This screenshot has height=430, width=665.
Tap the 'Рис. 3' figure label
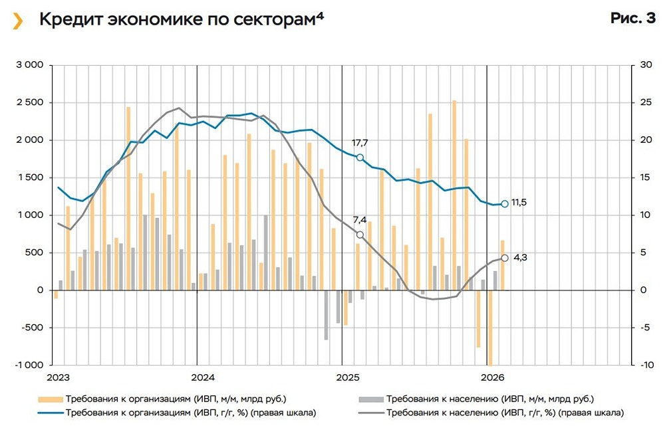(x=632, y=19)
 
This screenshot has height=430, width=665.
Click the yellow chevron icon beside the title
(x=19, y=21)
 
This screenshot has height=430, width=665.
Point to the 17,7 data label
(x=360, y=142)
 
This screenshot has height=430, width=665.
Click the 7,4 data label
(x=360, y=220)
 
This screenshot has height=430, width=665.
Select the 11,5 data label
(x=519, y=203)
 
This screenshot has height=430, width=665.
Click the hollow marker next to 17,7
(x=360, y=158)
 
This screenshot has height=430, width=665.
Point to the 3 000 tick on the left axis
(x=29, y=65)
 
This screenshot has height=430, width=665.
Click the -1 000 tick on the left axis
(x=29, y=365)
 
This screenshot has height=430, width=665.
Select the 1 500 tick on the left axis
(x=29, y=177)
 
